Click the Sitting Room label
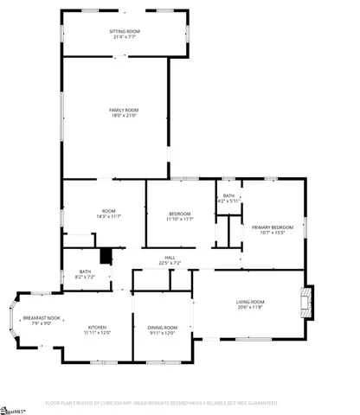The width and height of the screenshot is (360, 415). point(125,32)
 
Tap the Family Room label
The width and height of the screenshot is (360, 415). point(124,111)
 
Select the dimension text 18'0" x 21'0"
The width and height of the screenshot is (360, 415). point(124,117)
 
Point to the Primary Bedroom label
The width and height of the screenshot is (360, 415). point(273,227)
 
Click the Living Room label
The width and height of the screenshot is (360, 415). point(249,302)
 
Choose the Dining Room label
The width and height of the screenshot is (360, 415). point(162,327)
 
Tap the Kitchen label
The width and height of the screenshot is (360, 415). point(97,327)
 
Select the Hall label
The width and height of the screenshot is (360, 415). point(170,258)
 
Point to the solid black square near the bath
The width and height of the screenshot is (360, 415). point(106,257)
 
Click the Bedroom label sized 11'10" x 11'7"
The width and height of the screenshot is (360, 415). point(179,214)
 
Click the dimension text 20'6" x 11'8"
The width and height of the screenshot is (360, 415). point(249,308)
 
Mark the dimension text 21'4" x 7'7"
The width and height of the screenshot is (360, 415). point(125,37)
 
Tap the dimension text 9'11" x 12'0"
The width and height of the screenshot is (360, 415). point(162,332)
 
